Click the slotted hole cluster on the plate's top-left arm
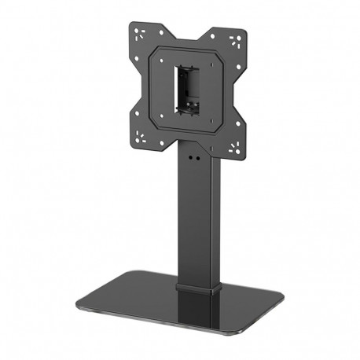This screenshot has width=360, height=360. (140, 34)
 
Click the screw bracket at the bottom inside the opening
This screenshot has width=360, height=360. (189, 110)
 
